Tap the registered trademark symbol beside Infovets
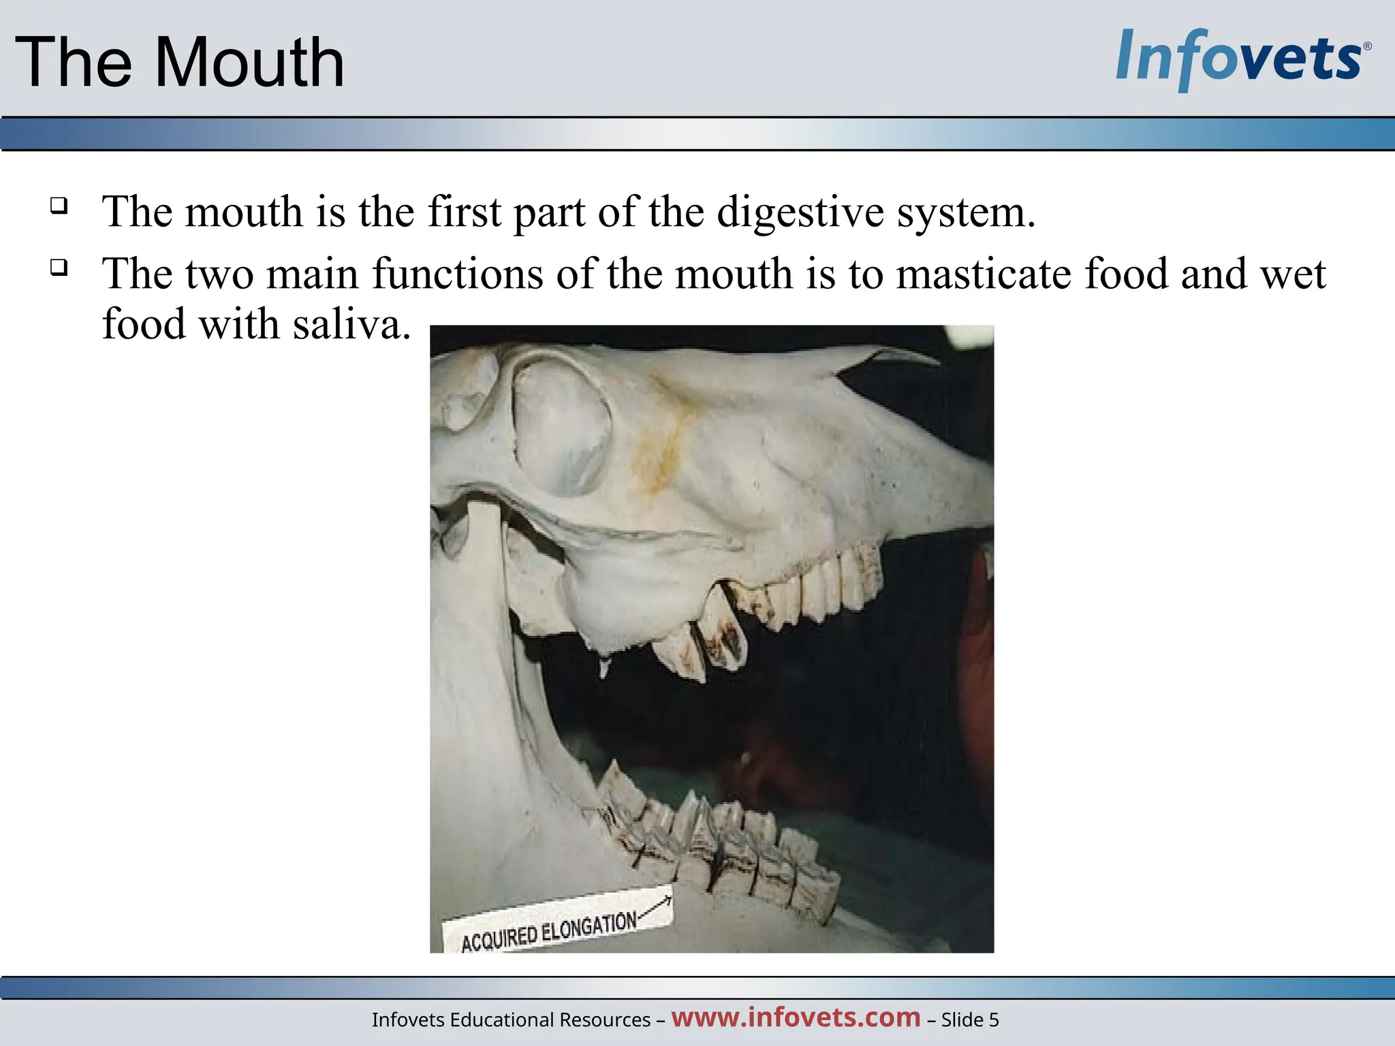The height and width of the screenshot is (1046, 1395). [x=1367, y=47]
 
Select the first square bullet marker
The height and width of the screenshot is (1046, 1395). [x=59, y=205]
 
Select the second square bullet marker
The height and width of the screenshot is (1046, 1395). [x=59, y=267]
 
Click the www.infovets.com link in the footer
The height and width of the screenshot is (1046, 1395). [x=796, y=1017]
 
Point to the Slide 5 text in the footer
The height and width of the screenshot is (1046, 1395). [x=970, y=1019]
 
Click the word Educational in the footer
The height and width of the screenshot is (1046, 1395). [x=501, y=1019]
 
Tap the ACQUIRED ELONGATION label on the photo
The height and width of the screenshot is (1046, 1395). [x=549, y=932]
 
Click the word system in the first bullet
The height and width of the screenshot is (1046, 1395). [x=965, y=212]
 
